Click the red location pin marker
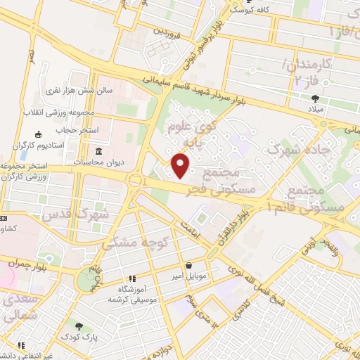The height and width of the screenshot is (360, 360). click(181, 166)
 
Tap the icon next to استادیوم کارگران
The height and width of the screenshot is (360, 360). click(37, 134)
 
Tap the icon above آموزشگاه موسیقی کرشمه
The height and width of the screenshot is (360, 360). click(131, 278)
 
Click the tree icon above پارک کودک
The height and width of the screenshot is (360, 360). click(79, 327)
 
